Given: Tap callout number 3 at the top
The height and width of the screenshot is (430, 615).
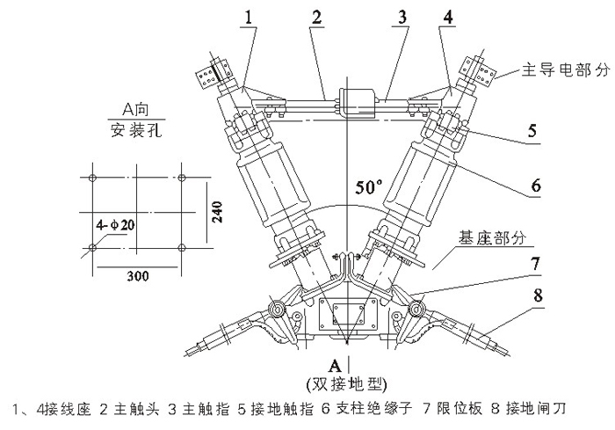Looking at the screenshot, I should (376, 16).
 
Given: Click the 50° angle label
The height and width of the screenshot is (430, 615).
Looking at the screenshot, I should (369, 187).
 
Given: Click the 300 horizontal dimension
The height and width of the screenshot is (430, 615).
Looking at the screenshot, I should (136, 276).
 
